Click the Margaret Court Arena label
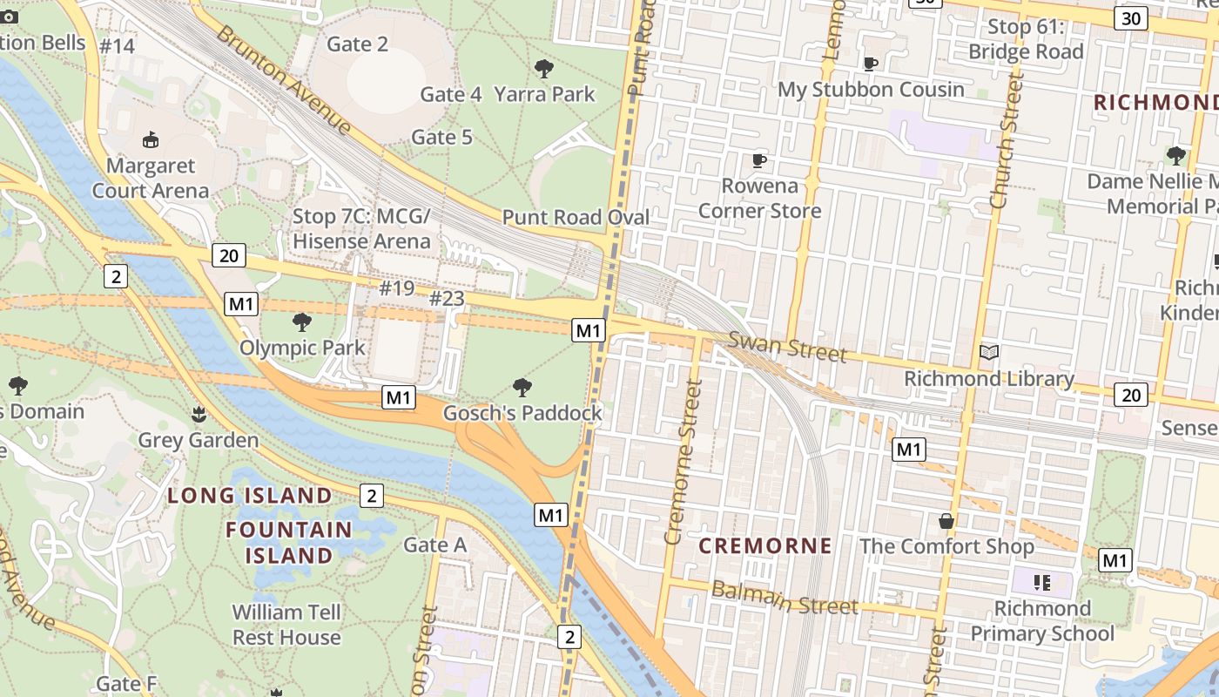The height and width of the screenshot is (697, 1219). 151,178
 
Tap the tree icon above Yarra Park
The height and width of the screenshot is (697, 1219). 544,68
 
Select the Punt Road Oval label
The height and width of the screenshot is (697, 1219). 576,217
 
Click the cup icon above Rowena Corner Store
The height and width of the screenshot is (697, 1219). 759,160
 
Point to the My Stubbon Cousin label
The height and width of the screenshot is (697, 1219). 871,90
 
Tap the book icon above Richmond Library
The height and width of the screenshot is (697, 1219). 988,353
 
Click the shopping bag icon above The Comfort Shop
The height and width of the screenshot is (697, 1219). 946,521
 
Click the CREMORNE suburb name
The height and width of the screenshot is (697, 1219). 765,546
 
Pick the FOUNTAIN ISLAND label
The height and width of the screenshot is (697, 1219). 289,542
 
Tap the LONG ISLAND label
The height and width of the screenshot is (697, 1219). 250,496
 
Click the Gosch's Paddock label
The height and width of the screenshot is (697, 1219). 522,413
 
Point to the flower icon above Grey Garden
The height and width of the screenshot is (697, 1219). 199,414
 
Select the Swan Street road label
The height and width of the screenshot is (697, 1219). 787,347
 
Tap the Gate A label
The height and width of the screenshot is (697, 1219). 435,545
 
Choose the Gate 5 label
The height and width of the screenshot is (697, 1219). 441,137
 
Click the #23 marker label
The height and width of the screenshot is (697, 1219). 447,299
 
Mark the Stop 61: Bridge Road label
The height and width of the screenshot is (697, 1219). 1026,39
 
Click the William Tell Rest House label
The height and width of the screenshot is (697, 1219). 286,625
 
